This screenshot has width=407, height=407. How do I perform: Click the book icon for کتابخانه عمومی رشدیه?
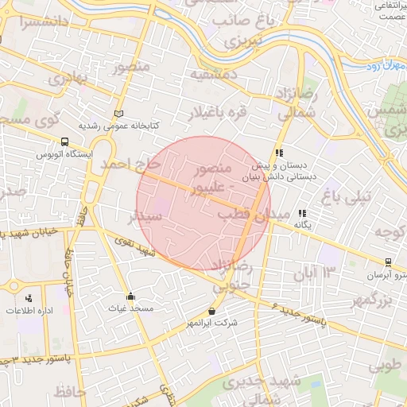(x=119, y=114)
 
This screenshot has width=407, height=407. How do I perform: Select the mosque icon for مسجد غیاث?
(x=130, y=297)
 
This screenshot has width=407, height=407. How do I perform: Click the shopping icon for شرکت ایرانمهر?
(x=211, y=311)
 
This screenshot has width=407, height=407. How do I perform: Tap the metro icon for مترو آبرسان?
(x=388, y=262)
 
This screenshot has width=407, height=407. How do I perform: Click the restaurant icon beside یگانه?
(x=302, y=213)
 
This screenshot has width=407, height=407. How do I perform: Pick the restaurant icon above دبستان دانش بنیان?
(x=279, y=153)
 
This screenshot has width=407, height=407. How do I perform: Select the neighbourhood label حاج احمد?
(x=130, y=164)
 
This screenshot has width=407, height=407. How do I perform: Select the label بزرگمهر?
(x=373, y=300)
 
